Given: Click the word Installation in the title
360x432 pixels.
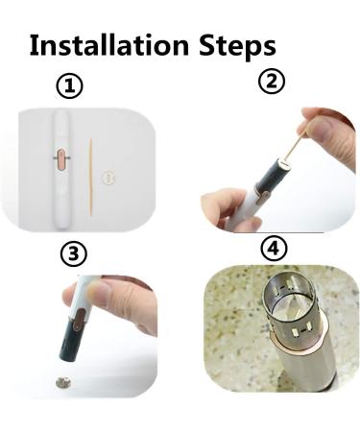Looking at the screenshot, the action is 109,45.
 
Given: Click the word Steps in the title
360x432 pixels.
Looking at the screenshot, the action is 237,45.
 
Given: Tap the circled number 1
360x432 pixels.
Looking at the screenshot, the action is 69,85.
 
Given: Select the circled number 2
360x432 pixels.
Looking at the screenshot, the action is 272,81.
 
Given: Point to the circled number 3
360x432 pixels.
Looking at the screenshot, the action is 74,254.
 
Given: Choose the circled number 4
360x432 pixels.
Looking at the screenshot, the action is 274,249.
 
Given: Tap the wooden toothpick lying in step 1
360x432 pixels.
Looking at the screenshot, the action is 90,177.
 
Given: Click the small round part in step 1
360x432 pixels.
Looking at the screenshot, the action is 108,177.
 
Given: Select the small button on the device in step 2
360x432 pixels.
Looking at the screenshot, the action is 265,194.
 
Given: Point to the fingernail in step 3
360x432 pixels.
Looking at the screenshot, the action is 99,291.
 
